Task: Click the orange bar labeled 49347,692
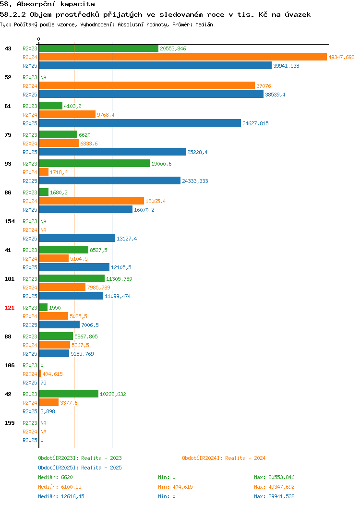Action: (183, 57)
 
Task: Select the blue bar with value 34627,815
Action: (140, 123)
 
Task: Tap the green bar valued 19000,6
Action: (95, 164)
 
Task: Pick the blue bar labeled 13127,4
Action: (77, 238)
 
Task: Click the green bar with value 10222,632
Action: (69, 394)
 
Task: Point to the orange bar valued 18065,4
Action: (92, 201)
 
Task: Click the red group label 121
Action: (9, 308)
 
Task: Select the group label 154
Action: (9, 221)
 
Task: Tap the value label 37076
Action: (264, 86)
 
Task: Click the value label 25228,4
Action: (197, 152)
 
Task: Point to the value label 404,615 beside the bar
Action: (52, 374)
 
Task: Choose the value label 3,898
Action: (48, 411)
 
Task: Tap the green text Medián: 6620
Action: (55, 477)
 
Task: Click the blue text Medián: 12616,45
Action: (61, 496)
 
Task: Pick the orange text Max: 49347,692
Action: (274, 487)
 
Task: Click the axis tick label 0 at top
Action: (39, 39)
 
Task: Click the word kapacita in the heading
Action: (78, 4)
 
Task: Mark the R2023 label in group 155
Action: (30, 423)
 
